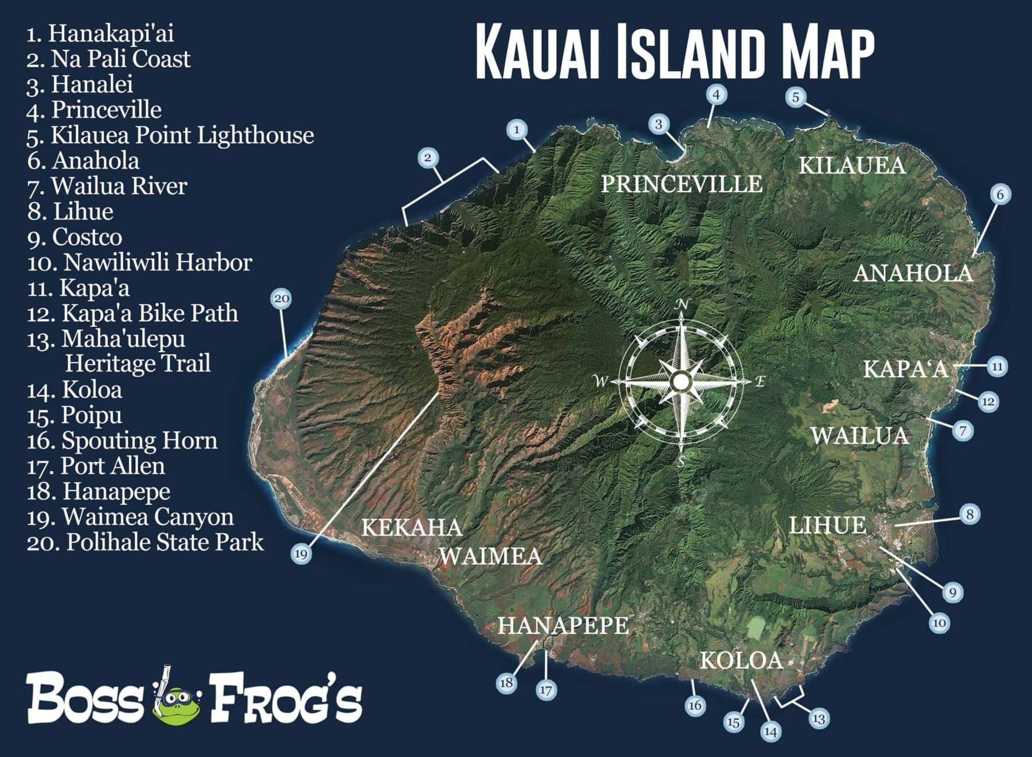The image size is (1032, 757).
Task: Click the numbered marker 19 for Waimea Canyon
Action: (301, 553)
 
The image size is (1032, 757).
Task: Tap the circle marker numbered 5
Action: (795, 97)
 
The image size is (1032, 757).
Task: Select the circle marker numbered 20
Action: (281, 298)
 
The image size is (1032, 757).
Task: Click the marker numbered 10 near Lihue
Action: (939, 623)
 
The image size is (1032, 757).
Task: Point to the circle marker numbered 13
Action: (819, 718)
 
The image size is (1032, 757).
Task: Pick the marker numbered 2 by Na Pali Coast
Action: (428, 157)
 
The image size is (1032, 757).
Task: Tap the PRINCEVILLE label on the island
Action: (681, 184)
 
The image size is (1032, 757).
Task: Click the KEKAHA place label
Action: (412, 527)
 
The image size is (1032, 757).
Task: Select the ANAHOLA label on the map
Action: (913, 273)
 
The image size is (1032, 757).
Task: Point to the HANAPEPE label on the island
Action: (562, 625)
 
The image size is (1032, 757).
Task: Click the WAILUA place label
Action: (859, 436)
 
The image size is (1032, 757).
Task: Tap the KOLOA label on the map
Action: (741, 661)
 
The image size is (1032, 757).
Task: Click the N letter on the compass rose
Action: (682, 304)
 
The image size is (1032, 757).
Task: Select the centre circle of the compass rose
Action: (681, 381)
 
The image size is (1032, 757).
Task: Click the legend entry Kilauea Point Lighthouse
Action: (170, 135)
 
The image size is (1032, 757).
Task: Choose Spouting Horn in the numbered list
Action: (122, 440)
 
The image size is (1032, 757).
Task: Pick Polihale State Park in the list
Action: (145, 542)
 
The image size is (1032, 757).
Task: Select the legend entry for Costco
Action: (75, 237)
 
